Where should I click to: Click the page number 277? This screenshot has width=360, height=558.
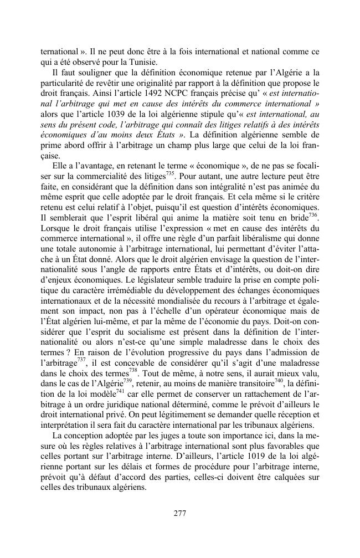point(179,513)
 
